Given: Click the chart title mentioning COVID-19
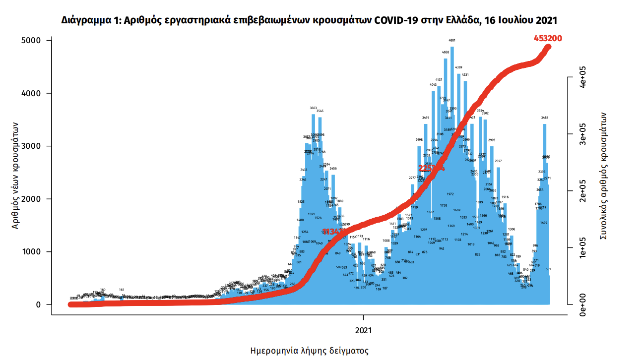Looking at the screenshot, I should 309,20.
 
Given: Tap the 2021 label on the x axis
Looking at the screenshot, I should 364,329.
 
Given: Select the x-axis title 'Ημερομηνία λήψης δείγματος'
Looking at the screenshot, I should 310,351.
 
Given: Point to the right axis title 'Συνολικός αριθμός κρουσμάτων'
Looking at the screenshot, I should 604,176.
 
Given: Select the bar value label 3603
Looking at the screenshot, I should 313,108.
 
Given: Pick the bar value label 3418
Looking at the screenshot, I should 544,118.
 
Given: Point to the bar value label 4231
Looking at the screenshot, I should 465,75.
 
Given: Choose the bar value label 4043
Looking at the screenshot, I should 433,85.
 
